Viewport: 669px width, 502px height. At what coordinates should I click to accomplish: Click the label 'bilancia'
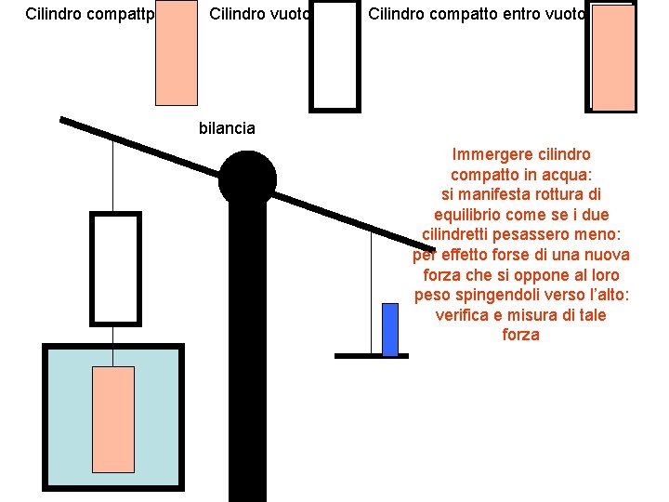[227, 128]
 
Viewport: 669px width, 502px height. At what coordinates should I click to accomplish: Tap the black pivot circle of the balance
[247, 178]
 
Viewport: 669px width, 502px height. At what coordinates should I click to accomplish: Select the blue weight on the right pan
[390, 329]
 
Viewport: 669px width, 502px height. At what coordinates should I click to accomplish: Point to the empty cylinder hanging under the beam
[115, 269]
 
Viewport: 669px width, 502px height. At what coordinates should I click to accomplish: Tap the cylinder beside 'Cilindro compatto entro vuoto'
[613, 59]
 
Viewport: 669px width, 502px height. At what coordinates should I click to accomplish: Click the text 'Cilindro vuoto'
[258, 14]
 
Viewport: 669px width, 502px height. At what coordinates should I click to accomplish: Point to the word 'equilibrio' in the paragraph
[486, 215]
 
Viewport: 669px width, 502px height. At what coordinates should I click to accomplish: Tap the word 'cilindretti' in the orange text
[462, 234]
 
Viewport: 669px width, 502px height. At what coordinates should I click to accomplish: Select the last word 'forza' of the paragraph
[520, 335]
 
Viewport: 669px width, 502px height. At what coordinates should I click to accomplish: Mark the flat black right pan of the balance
[372, 355]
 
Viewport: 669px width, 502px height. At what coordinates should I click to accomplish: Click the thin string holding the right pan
[372, 293]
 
